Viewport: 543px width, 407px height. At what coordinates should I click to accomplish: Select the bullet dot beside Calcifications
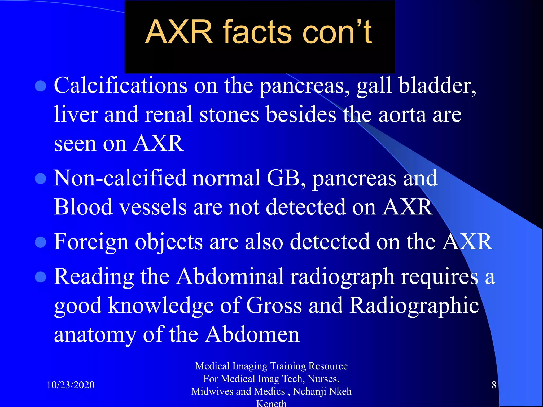tap(41, 86)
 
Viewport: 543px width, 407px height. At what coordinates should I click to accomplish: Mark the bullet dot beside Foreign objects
tap(41, 242)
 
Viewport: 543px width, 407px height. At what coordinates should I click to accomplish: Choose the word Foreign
tap(91, 242)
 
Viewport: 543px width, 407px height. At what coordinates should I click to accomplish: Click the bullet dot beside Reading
tap(41, 277)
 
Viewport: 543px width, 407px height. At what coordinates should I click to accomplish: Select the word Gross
tap(274, 306)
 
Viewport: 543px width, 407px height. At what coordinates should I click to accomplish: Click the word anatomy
tap(95, 335)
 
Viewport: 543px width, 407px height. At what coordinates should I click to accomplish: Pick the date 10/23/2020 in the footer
tap(71, 385)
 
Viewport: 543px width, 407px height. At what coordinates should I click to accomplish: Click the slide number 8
tap(494, 385)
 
